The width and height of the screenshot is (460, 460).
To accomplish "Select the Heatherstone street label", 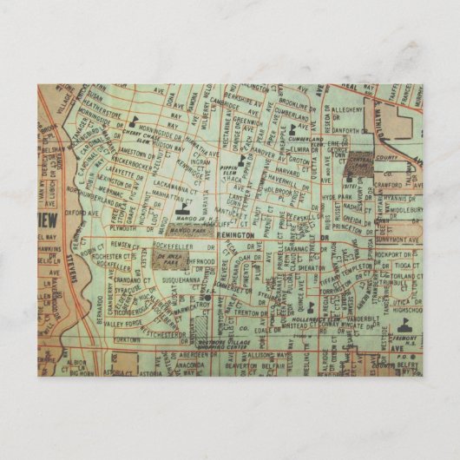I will click(107, 112).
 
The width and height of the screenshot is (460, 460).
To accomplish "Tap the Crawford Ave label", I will click(390, 184).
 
